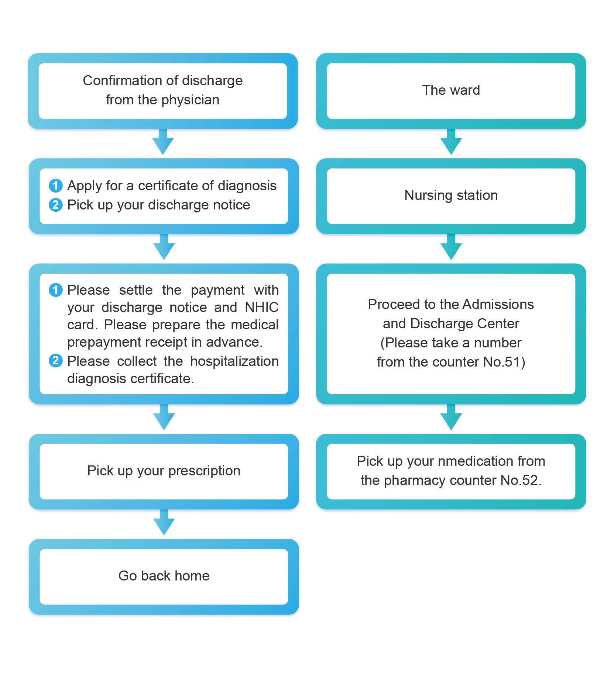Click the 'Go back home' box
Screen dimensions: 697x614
click(164, 576)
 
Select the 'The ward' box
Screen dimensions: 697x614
click(451, 91)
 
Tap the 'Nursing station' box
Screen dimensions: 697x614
click(451, 195)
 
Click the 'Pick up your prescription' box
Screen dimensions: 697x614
click(164, 471)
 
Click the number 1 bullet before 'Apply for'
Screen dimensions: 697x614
click(56, 185)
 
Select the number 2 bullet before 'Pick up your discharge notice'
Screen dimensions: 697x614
click(56, 205)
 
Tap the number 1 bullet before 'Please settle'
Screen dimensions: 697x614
click(56, 290)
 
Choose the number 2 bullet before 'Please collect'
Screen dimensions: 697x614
click(56, 361)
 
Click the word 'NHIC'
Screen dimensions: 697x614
click(261, 308)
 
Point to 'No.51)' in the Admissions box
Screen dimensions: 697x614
click(504, 362)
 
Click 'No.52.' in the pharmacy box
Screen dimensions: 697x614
click(521, 481)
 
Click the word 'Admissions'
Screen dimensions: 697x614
click(498, 305)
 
